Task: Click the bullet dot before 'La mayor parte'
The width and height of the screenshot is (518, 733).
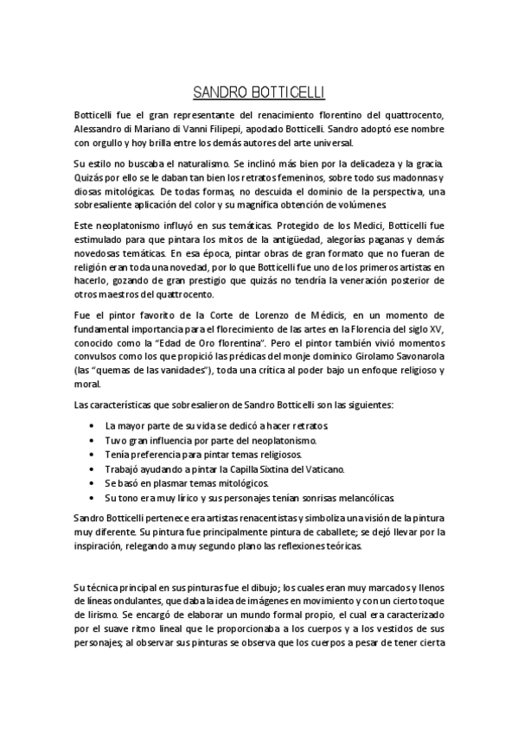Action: tap(93, 427)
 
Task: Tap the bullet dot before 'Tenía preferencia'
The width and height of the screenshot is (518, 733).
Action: tap(93, 456)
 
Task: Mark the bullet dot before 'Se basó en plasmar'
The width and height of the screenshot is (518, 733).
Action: tap(93, 484)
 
